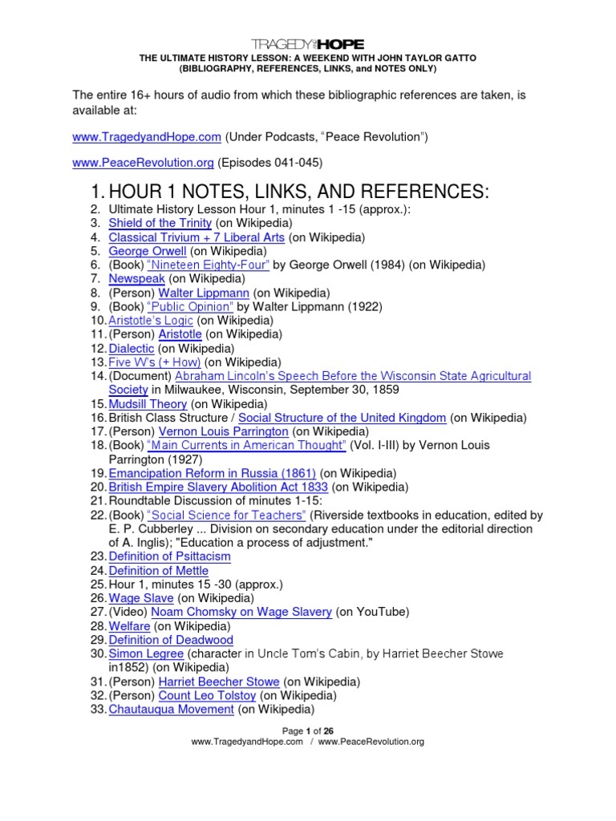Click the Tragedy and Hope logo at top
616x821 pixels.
pos(308,44)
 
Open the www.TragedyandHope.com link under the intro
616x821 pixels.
pos(147,137)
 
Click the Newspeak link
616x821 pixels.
pos(136,278)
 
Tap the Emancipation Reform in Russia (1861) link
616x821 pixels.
pos(212,473)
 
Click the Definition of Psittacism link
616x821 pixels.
pos(169,556)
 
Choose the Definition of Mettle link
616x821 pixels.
pos(158,571)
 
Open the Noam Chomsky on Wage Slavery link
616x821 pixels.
pos(241,612)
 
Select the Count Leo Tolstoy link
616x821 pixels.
pos(207,696)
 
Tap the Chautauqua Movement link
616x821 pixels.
pos(171,710)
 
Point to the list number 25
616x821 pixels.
pos(98,584)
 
